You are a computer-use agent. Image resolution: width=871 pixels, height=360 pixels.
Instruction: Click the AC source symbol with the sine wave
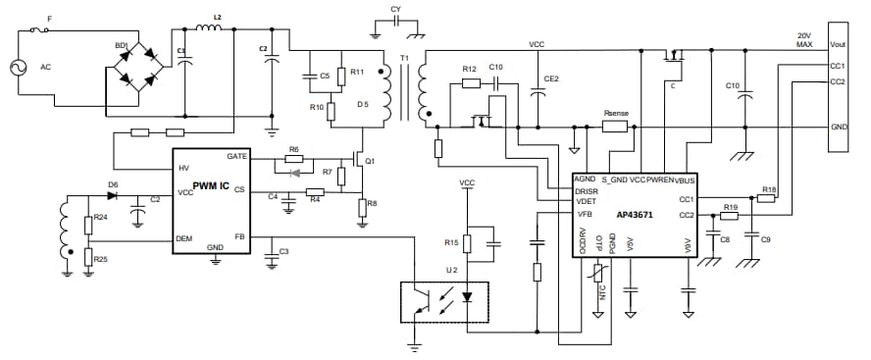18,68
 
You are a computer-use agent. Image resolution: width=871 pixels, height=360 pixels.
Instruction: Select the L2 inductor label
217,19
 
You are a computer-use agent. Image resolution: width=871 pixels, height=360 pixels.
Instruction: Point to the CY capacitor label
395,9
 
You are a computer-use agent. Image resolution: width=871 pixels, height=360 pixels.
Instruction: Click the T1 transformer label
404,60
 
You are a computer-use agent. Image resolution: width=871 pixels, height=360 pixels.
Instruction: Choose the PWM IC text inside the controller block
210,186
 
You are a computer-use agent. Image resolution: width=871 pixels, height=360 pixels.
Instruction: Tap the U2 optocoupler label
451,269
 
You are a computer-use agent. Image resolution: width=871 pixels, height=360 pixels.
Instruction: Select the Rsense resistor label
617,114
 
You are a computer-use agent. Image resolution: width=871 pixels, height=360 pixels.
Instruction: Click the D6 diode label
113,183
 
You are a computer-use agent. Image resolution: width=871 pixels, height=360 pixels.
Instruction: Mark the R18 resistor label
769,188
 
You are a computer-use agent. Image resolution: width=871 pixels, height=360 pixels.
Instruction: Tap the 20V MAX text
804,40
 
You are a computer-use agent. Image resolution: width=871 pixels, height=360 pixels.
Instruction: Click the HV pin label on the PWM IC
184,169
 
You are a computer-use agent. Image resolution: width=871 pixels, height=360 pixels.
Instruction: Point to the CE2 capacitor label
551,78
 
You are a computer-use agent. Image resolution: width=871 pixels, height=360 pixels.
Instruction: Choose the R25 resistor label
101,259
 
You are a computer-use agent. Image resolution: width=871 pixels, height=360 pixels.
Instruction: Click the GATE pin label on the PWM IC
236,156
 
